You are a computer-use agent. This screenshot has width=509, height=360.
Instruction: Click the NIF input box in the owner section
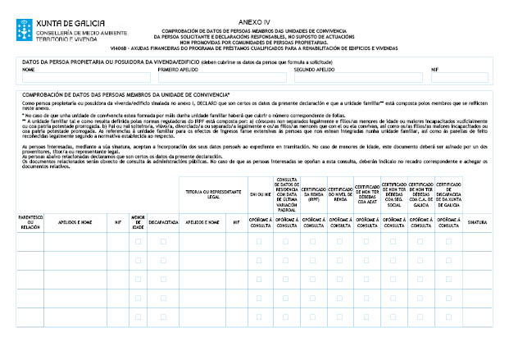pos(459,79)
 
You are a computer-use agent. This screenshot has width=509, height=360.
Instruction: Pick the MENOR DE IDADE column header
pos(138,221)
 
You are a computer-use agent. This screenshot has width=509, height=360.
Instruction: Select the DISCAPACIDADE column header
pos(164,221)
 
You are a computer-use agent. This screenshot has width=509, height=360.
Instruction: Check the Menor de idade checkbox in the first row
pos(138,242)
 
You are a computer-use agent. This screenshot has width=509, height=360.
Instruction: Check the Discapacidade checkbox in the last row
pos(164,315)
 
